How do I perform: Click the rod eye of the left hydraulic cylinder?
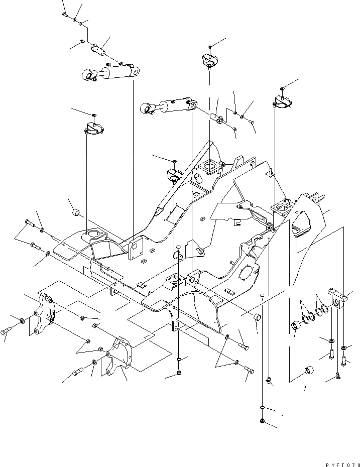pyautogui.click(x=89, y=76)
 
